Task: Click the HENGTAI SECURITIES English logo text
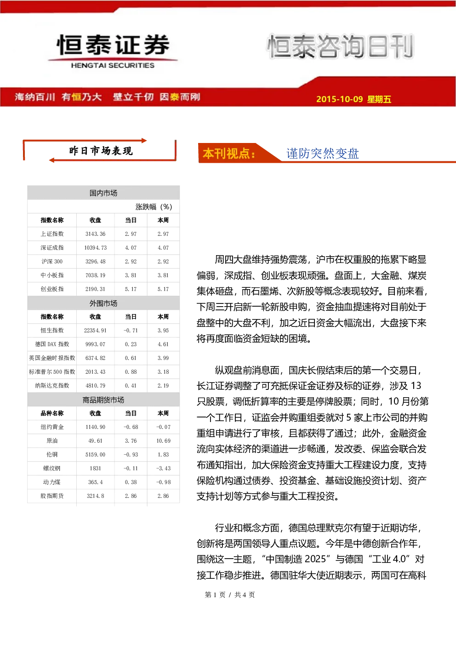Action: click(x=113, y=65)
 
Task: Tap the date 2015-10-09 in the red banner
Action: click(x=339, y=99)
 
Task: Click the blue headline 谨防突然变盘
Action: click(x=322, y=154)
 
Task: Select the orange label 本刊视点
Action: click(x=229, y=154)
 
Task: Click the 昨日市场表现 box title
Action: click(x=101, y=151)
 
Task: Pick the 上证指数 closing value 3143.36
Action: click(x=95, y=234)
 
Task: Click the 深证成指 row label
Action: click(x=52, y=248)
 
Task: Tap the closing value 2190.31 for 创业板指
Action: click(x=95, y=289)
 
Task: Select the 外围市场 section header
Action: click(x=103, y=303)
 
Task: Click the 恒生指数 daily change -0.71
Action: click(x=131, y=330)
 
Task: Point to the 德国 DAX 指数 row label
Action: click(x=52, y=344)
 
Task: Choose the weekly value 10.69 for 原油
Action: click(x=163, y=440)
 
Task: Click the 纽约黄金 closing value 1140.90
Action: click(x=95, y=427)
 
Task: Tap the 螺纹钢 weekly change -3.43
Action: click(x=163, y=468)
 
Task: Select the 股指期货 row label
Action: click(x=52, y=496)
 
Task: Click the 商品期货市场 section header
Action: click(x=103, y=400)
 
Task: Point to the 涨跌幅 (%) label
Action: click(x=154, y=207)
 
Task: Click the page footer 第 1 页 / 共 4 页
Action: click(x=230, y=594)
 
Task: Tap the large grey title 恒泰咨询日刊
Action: click(x=341, y=46)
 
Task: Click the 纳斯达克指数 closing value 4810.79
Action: click(x=95, y=385)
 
